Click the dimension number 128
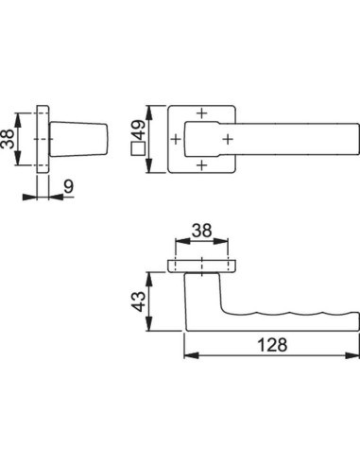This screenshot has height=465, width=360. click(272, 345)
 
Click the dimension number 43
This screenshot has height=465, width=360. click(139, 301)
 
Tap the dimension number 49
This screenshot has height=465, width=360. click(138, 129)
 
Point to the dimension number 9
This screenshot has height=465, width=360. click(68, 186)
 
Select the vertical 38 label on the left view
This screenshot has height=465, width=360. click(8, 139)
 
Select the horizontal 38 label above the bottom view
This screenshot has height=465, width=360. click(201, 231)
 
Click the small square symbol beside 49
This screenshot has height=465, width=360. click(138, 148)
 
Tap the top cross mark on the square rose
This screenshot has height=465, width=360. click(202, 113)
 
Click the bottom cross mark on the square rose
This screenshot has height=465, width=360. click(202, 164)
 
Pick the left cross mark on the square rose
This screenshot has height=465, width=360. click(176, 139)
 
